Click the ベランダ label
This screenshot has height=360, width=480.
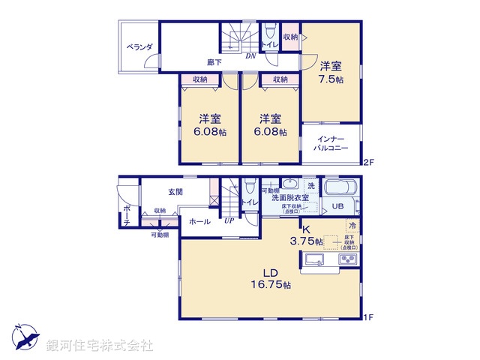(x=139, y=47)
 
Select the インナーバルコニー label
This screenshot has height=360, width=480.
(x=331, y=143)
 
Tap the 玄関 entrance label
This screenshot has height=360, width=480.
(x=175, y=193)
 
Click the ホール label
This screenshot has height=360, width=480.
(x=199, y=222)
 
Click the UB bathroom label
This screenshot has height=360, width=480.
(x=338, y=207)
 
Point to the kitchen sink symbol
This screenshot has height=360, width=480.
(x=314, y=260)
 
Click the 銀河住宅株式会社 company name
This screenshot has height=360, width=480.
(x=100, y=345)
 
